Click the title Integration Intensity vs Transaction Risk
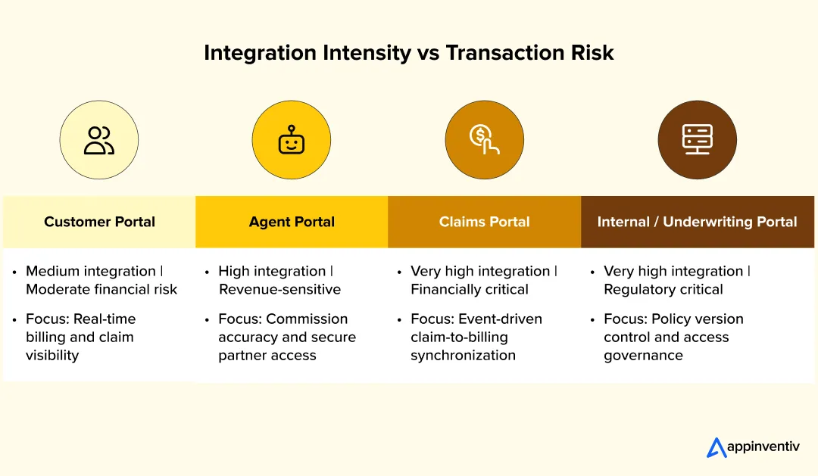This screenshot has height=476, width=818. [x=408, y=53]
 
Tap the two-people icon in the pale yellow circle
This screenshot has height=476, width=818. [x=99, y=140]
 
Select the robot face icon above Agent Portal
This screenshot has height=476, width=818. [x=292, y=140]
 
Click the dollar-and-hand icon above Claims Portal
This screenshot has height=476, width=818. [x=485, y=140]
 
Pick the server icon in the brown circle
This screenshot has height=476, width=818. [x=697, y=140]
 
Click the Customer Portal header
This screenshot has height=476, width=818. [x=99, y=222]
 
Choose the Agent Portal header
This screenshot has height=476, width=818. [x=292, y=222]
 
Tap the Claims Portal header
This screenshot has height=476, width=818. [x=485, y=222]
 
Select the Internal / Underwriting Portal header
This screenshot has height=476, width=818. [x=697, y=222]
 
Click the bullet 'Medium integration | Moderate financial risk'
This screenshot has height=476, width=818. [x=101, y=280]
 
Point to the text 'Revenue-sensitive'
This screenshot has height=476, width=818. [x=279, y=289]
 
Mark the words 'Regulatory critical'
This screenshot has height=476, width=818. [x=663, y=289]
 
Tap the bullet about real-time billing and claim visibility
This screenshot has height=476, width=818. [x=80, y=337]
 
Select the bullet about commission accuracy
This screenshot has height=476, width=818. [x=286, y=337]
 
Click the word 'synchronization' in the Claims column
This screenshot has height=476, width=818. [x=463, y=356]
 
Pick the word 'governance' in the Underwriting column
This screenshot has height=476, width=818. [x=643, y=356]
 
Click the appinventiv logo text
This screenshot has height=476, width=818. [x=763, y=447]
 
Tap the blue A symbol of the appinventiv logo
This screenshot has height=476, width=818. [x=716, y=448]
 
